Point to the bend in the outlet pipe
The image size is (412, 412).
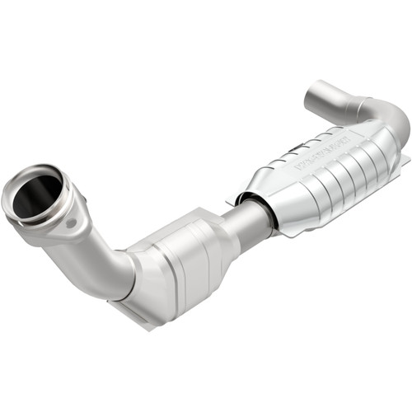(387, 115)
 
